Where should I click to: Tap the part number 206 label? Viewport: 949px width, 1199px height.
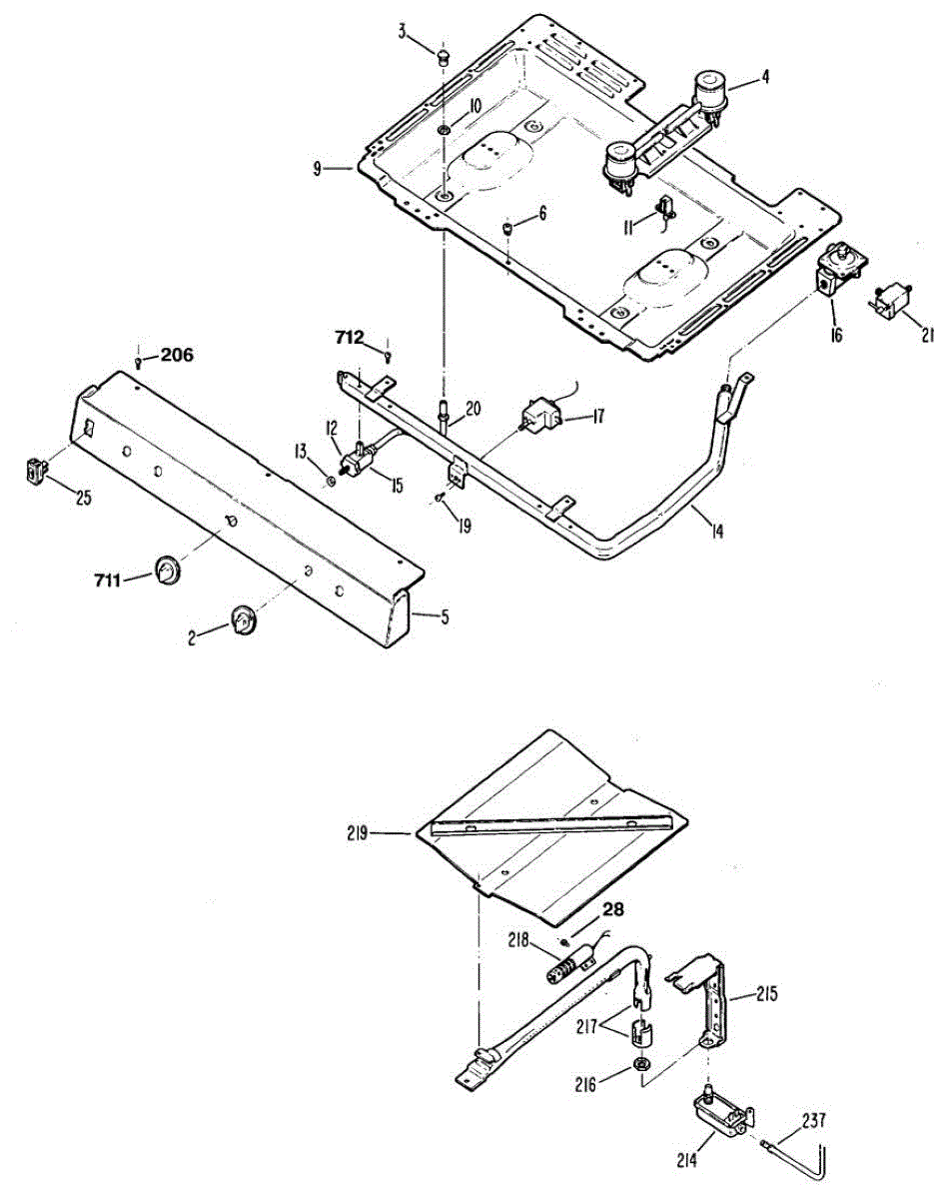point(177,354)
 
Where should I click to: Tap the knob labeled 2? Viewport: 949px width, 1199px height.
point(243,619)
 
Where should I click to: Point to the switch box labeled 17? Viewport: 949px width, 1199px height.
point(540,415)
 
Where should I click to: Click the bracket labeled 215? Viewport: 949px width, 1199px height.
point(713,999)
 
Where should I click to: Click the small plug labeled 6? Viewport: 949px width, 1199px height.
point(507,229)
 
